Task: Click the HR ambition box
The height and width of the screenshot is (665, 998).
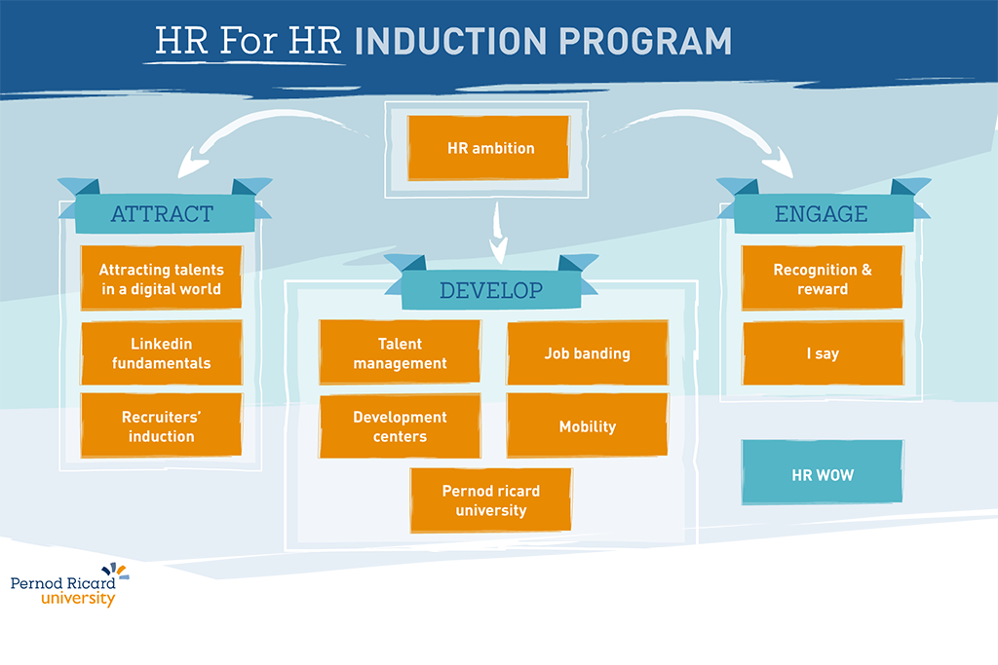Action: [488, 147]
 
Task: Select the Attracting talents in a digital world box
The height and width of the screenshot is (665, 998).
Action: [162, 277]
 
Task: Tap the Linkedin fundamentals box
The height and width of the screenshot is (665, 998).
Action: [162, 352]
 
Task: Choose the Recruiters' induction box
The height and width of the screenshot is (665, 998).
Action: [162, 425]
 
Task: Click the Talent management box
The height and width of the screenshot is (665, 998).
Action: [400, 352]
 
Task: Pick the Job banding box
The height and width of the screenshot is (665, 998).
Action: [588, 352]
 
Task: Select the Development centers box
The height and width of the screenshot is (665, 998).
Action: [400, 425]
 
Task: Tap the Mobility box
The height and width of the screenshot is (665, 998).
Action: [588, 425]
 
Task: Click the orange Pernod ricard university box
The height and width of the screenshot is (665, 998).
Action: [491, 499]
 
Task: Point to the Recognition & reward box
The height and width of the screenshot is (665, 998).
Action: [823, 277]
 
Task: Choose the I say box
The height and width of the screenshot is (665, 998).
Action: [823, 352]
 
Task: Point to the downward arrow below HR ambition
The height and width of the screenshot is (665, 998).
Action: [498, 233]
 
